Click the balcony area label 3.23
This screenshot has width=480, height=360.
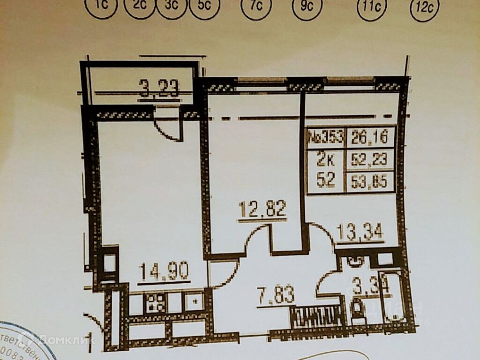coord(159,87)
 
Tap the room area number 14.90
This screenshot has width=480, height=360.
coord(164,271)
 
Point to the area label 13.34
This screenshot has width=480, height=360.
coord(360,231)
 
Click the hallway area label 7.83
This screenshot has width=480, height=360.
coord(276,296)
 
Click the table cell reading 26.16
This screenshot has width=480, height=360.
coord(369,137)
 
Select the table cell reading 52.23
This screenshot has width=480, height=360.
coord(369,160)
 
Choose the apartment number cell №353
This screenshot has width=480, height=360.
coord(325,137)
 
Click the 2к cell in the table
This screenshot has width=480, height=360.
coord(325,160)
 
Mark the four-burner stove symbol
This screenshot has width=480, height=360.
coord(155,302)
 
